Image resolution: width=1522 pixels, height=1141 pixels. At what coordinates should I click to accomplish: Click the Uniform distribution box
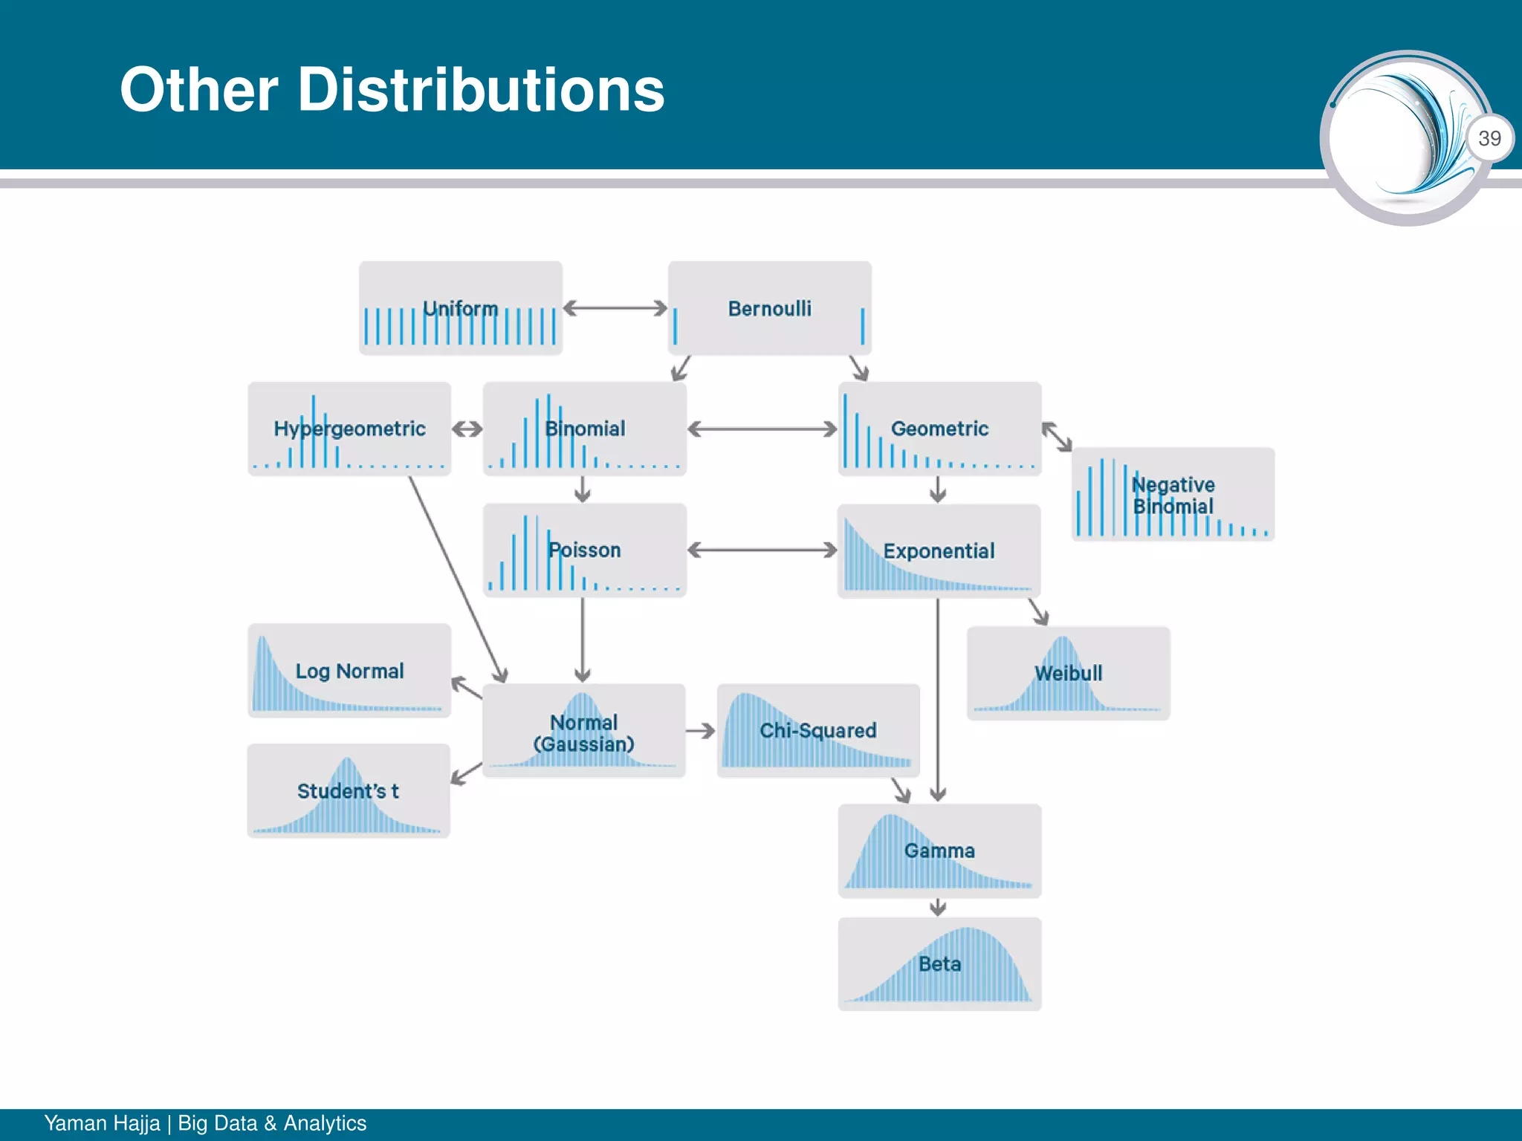[461, 308]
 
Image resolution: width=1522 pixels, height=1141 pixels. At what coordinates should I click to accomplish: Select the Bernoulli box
[769, 308]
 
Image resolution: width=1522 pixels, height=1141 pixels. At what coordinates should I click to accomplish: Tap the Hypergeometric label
[349, 429]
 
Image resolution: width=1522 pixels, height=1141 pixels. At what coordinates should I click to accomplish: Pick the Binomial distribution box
[585, 429]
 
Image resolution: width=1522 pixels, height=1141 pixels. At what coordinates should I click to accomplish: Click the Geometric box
[939, 429]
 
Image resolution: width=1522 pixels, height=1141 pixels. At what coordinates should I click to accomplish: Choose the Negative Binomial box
[1173, 495]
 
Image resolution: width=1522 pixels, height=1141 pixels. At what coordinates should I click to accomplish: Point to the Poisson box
[585, 550]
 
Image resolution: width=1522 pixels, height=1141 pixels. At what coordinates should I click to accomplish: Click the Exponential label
[939, 551]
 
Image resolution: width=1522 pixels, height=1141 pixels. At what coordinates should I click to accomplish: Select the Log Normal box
[349, 671]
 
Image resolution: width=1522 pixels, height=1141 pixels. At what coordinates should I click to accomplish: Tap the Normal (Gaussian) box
[584, 732]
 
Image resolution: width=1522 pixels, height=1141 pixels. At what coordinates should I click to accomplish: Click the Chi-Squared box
[818, 731]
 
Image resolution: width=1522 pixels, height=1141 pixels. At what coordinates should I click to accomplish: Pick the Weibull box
[1069, 673]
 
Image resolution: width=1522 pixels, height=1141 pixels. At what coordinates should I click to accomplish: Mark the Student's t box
[349, 791]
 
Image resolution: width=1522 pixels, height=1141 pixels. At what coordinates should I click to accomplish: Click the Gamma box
[939, 851]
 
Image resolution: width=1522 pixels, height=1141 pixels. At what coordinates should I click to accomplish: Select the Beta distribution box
[939, 964]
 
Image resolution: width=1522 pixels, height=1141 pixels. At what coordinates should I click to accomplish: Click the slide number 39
[1489, 138]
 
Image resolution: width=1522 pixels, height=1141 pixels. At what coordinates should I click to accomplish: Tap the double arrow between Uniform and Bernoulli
[615, 308]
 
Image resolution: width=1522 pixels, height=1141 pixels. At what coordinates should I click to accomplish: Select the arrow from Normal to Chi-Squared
[700, 731]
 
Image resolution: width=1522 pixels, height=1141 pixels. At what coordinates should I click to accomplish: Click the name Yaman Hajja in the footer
[102, 1123]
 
